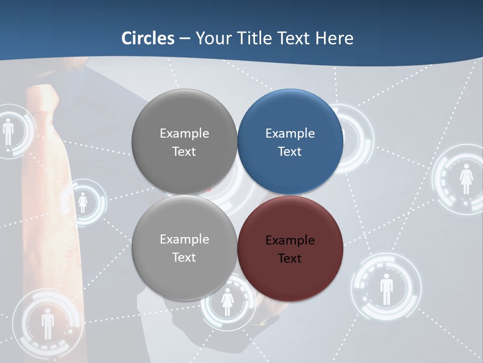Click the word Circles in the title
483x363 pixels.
click(x=147, y=38)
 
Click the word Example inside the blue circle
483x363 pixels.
click(x=290, y=134)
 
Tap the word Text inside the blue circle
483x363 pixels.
click(x=290, y=152)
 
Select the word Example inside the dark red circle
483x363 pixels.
click(x=290, y=240)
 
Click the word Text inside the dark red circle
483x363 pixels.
click(x=290, y=259)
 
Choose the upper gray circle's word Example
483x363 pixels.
click(x=184, y=134)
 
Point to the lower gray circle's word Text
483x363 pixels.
click(x=184, y=258)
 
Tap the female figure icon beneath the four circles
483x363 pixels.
click(x=227, y=301)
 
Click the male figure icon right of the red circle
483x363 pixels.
click(x=386, y=289)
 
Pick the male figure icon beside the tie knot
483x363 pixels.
click(x=9, y=132)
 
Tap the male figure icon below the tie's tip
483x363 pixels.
click(x=47, y=323)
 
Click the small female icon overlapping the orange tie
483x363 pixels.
click(x=83, y=203)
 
